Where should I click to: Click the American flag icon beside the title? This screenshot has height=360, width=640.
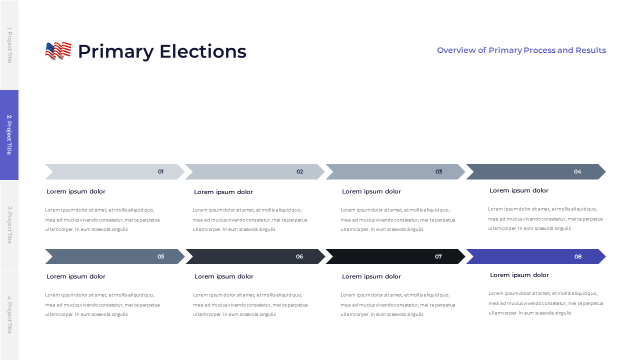[58, 51]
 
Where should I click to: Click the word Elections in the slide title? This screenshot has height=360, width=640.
[202, 51]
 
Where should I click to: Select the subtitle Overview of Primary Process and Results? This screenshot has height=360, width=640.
[521, 50]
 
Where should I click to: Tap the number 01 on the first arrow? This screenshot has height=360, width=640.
[160, 171]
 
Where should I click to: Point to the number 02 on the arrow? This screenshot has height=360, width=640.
[299, 171]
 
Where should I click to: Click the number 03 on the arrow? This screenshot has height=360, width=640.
[438, 171]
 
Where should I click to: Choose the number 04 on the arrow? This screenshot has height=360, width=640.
[577, 171]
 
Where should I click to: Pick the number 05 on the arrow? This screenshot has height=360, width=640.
[160, 256]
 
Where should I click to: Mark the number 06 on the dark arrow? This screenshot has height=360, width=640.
[299, 256]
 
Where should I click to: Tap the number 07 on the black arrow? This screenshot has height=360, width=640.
[438, 256]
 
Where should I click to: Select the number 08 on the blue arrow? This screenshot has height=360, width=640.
[578, 256]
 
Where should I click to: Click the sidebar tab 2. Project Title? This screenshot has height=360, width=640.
[9, 134]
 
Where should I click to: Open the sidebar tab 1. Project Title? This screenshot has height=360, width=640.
[9, 45]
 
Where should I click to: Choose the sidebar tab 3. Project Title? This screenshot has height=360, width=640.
[9, 224]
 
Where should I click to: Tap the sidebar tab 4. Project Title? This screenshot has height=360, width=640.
[9, 314]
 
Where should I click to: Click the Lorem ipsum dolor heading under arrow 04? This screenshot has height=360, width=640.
[518, 190]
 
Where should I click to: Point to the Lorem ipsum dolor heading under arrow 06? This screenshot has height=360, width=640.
[223, 276]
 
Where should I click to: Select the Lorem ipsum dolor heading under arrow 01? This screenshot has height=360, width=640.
[76, 191]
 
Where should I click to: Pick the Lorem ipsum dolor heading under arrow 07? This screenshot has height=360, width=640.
[371, 276]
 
